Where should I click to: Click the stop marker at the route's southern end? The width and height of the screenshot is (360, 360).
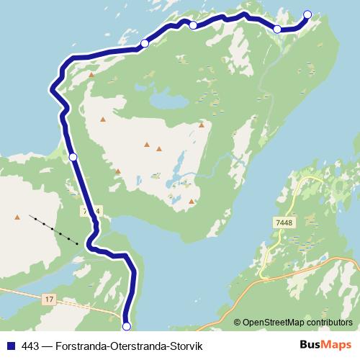127,326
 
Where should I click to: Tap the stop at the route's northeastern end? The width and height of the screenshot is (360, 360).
307,14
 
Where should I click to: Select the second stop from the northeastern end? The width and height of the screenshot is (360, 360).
277,29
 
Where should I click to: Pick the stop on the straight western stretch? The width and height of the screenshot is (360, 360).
73,156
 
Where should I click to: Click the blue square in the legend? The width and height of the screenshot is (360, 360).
9,345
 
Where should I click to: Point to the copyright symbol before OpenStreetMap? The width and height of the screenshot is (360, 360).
238,322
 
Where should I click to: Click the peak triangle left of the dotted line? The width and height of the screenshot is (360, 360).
17,216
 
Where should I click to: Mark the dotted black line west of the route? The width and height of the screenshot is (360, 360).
54,229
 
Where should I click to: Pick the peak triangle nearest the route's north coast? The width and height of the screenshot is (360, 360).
92,73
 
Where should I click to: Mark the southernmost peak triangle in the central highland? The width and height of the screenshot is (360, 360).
191,202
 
